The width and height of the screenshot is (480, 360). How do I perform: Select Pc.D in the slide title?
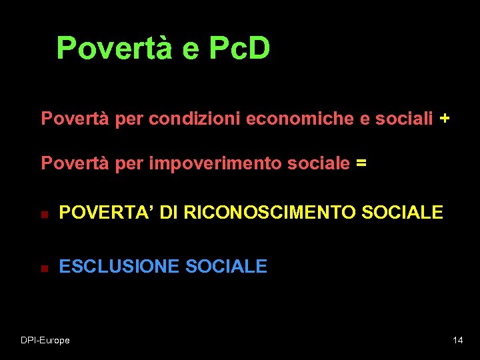239,48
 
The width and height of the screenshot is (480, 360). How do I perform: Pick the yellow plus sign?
445,119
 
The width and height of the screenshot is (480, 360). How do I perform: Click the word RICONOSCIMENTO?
268,213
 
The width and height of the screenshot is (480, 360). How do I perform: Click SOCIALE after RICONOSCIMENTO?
401,213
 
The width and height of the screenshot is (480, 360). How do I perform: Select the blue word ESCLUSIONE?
119,267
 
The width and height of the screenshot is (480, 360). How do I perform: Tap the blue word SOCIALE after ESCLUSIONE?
226,267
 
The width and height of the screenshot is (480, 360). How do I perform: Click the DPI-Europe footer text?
45,341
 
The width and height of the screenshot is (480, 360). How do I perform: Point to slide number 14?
457,341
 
